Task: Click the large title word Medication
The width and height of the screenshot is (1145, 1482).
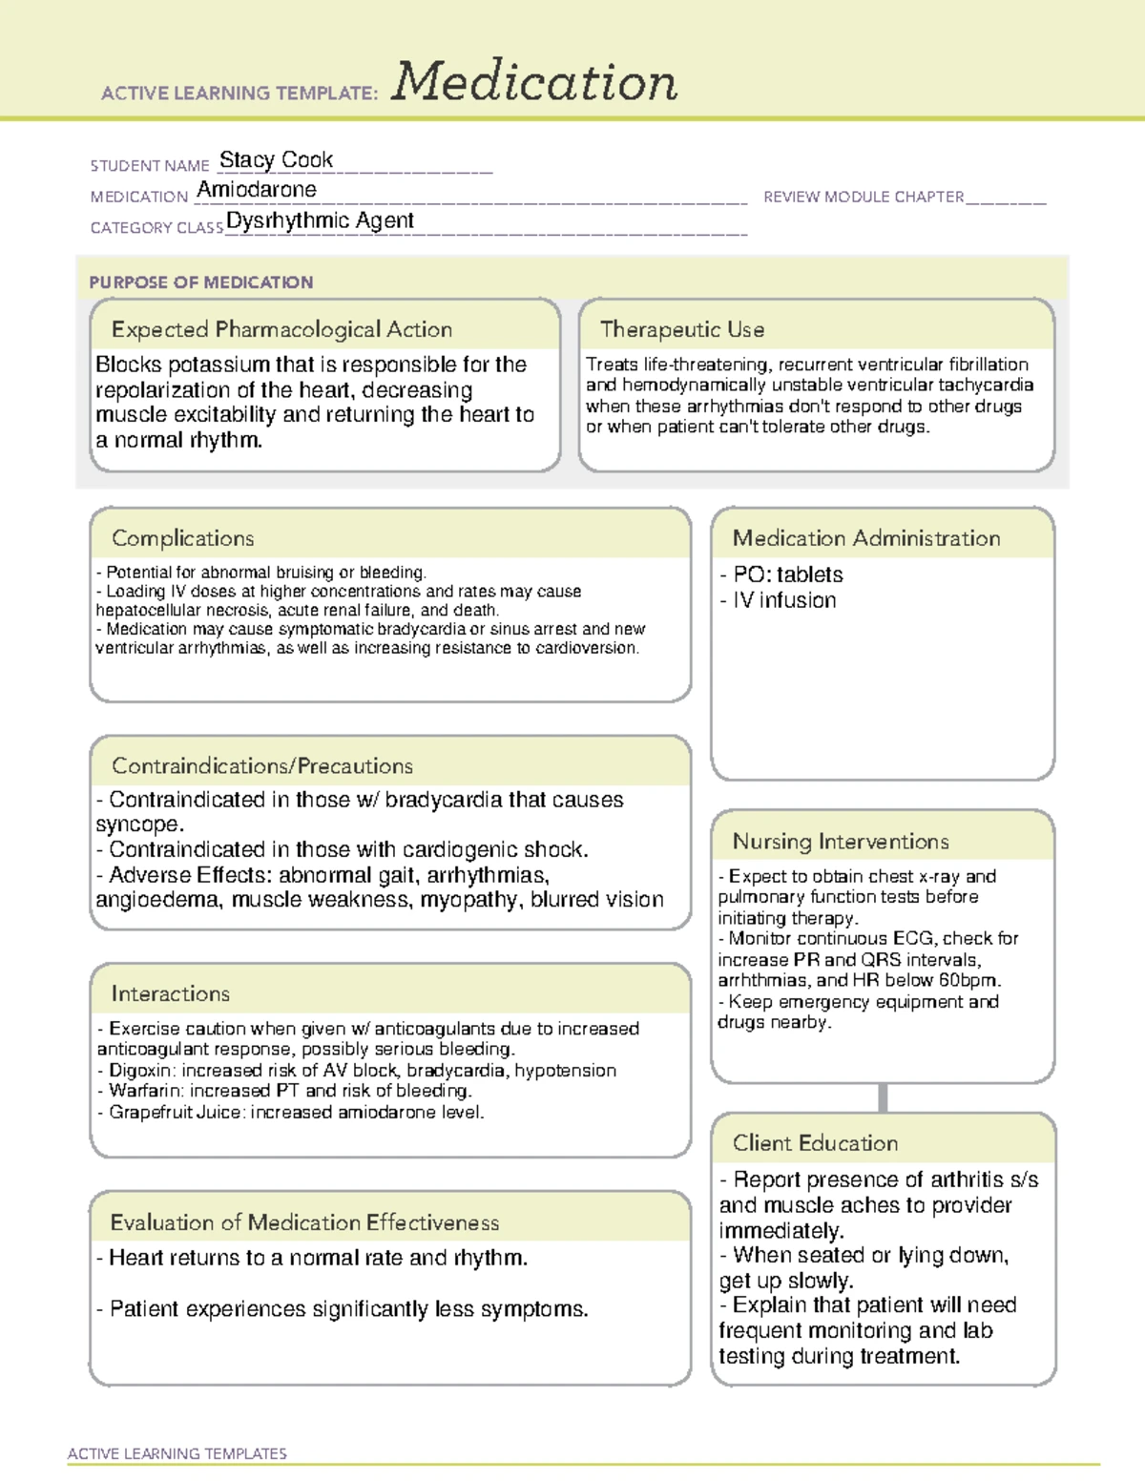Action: coord(534,82)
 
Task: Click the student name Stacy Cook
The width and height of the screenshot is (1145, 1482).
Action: coord(276,159)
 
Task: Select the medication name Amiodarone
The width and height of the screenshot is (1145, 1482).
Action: coord(257,190)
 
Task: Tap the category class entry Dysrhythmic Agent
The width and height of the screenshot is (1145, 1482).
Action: coord(320,220)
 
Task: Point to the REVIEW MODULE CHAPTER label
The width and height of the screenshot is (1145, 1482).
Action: coord(864,197)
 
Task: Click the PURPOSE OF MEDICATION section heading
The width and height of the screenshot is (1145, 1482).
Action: coord(201,282)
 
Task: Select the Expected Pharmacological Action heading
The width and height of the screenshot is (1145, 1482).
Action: coord(281,329)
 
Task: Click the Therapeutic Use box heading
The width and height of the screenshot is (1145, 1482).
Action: coord(682,329)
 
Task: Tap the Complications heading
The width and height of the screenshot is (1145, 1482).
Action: coord(183,538)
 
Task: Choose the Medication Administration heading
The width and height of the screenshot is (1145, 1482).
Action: coord(866,538)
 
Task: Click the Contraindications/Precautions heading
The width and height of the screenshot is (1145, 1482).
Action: coord(262,766)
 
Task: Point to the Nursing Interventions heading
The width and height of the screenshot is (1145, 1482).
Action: coord(841,842)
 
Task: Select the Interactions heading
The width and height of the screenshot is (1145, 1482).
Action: coord(171,994)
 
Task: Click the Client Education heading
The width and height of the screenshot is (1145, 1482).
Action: coord(815,1143)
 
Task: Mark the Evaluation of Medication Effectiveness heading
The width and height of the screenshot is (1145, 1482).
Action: coord(304,1222)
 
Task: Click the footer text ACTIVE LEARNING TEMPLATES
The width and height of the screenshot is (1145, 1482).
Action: coord(177,1453)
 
